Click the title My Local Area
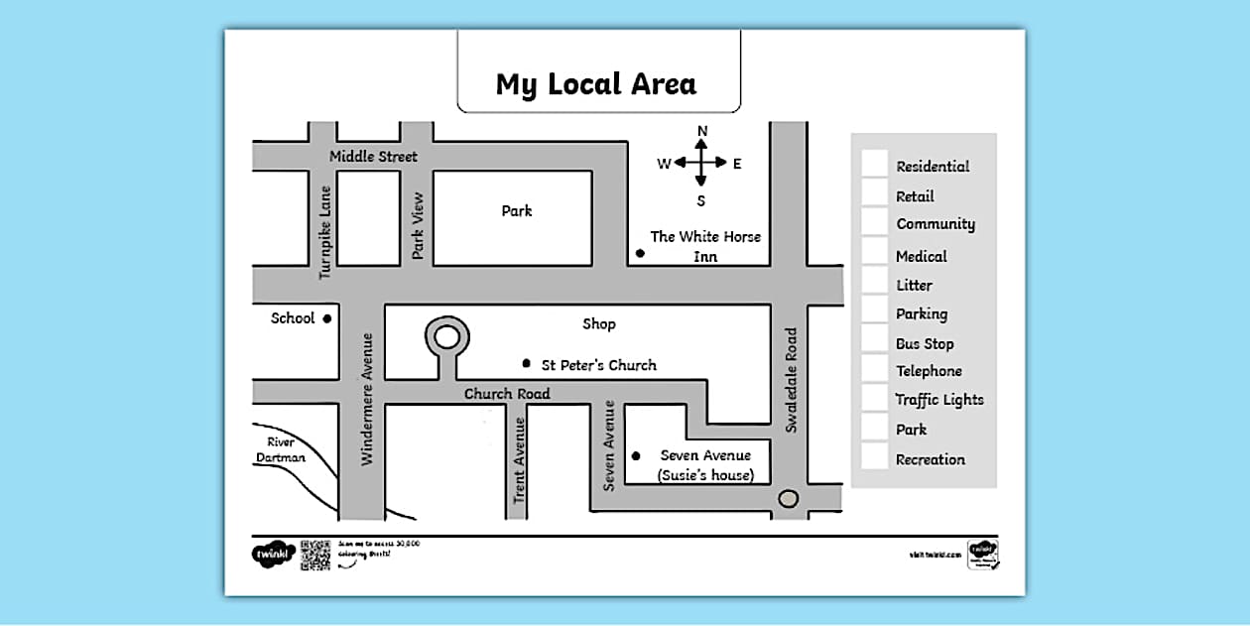596,84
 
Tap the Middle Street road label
373,157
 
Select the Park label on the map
516,210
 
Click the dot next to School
326,318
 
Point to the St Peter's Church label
598,365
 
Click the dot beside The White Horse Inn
640,253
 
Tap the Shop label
599,323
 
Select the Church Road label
507,394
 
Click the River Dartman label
281,449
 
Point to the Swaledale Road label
791,381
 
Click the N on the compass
702,131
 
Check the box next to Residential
874,164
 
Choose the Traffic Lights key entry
939,400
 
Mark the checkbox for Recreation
874,457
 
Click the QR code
314,555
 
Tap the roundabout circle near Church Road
446,337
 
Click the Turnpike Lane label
325,232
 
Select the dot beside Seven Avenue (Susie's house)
636,456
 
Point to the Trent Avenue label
519,459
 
